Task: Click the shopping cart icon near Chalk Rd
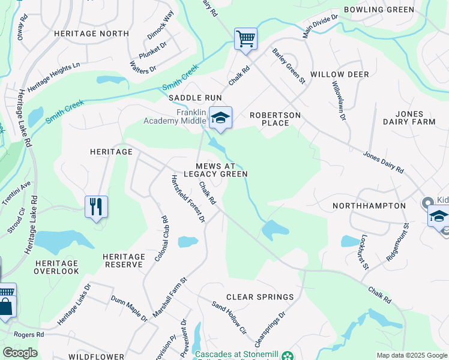[246, 40]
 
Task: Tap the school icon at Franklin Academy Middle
[220, 118]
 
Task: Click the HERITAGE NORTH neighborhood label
[91, 34]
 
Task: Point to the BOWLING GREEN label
[387, 10]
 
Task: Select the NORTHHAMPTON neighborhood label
[369, 206]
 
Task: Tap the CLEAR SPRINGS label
[260, 297]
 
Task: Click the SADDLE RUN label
[195, 97]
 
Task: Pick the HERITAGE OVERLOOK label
[57, 267]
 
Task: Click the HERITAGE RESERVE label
[124, 261]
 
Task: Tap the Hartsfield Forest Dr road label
[188, 199]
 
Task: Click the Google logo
[20, 353]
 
